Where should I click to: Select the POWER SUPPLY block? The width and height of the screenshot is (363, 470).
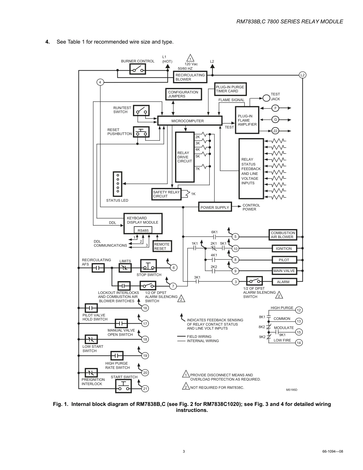215,207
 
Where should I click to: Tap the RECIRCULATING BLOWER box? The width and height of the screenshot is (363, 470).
190,77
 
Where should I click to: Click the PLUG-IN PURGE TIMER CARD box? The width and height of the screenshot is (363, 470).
230,89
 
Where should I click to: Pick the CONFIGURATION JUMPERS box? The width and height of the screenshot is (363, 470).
184,94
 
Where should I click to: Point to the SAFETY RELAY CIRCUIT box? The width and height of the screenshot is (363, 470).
166,194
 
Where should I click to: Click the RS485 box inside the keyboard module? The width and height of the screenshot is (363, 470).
143,230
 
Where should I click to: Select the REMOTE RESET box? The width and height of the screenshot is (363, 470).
162,246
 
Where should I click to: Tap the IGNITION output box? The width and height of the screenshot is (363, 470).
284,248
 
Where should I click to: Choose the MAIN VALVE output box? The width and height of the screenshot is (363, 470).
284,271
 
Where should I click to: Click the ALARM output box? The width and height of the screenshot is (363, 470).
284,282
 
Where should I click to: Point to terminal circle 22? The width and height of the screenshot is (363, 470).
275,131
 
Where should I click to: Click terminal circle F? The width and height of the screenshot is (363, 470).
275,108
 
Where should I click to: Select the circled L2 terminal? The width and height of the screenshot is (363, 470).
302,75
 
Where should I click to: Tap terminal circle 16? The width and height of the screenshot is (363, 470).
145,308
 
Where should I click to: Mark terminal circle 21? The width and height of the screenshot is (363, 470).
145,389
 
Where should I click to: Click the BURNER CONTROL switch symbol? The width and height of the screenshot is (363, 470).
138,69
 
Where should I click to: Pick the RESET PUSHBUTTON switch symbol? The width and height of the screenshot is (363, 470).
141,132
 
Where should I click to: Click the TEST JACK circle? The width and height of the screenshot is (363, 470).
266,98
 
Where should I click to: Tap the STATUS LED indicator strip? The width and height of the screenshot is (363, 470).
118,184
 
